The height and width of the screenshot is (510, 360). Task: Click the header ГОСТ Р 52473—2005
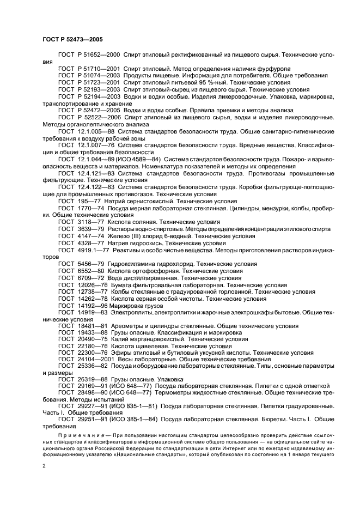click(x=72, y=40)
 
